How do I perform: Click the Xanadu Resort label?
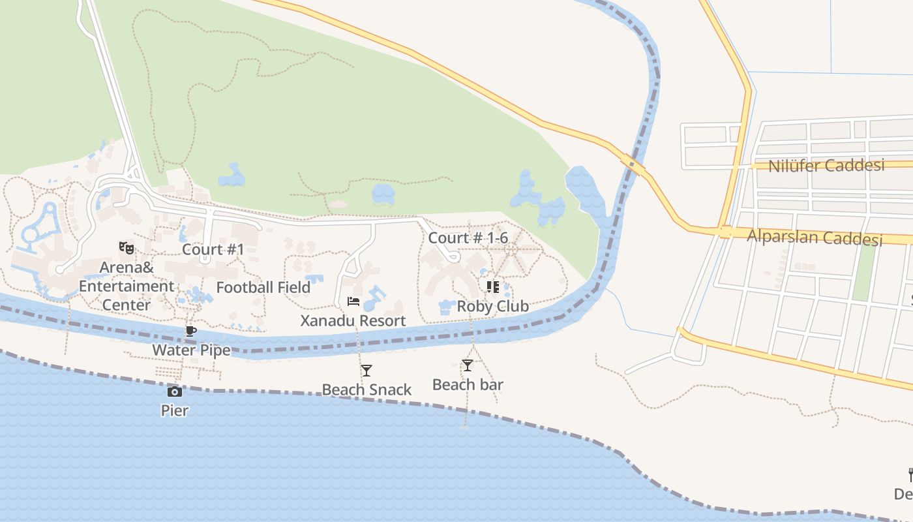(x=353, y=320)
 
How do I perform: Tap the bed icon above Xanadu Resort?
(x=353, y=301)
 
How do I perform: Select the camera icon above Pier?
(x=174, y=391)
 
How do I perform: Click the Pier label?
(x=175, y=410)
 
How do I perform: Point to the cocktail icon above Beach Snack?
(x=367, y=371)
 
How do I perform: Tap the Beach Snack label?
(x=367, y=390)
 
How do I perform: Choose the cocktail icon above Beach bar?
(x=468, y=365)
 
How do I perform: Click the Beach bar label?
(x=468, y=384)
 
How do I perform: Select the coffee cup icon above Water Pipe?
(x=191, y=331)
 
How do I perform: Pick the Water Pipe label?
(x=191, y=350)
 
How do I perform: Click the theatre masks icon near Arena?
(x=127, y=247)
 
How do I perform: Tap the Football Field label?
(x=263, y=287)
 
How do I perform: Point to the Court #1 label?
(x=213, y=249)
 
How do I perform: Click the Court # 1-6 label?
(x=468, y=238)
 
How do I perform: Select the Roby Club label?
(x=492, y=306)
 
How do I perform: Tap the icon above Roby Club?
(x=493, y=287)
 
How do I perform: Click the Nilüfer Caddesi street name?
(x=826, y=166)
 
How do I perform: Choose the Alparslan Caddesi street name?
(x=814, y=237)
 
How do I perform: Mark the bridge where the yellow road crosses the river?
(x=633, y=163)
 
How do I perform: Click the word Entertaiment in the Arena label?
(x=127, y=286)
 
